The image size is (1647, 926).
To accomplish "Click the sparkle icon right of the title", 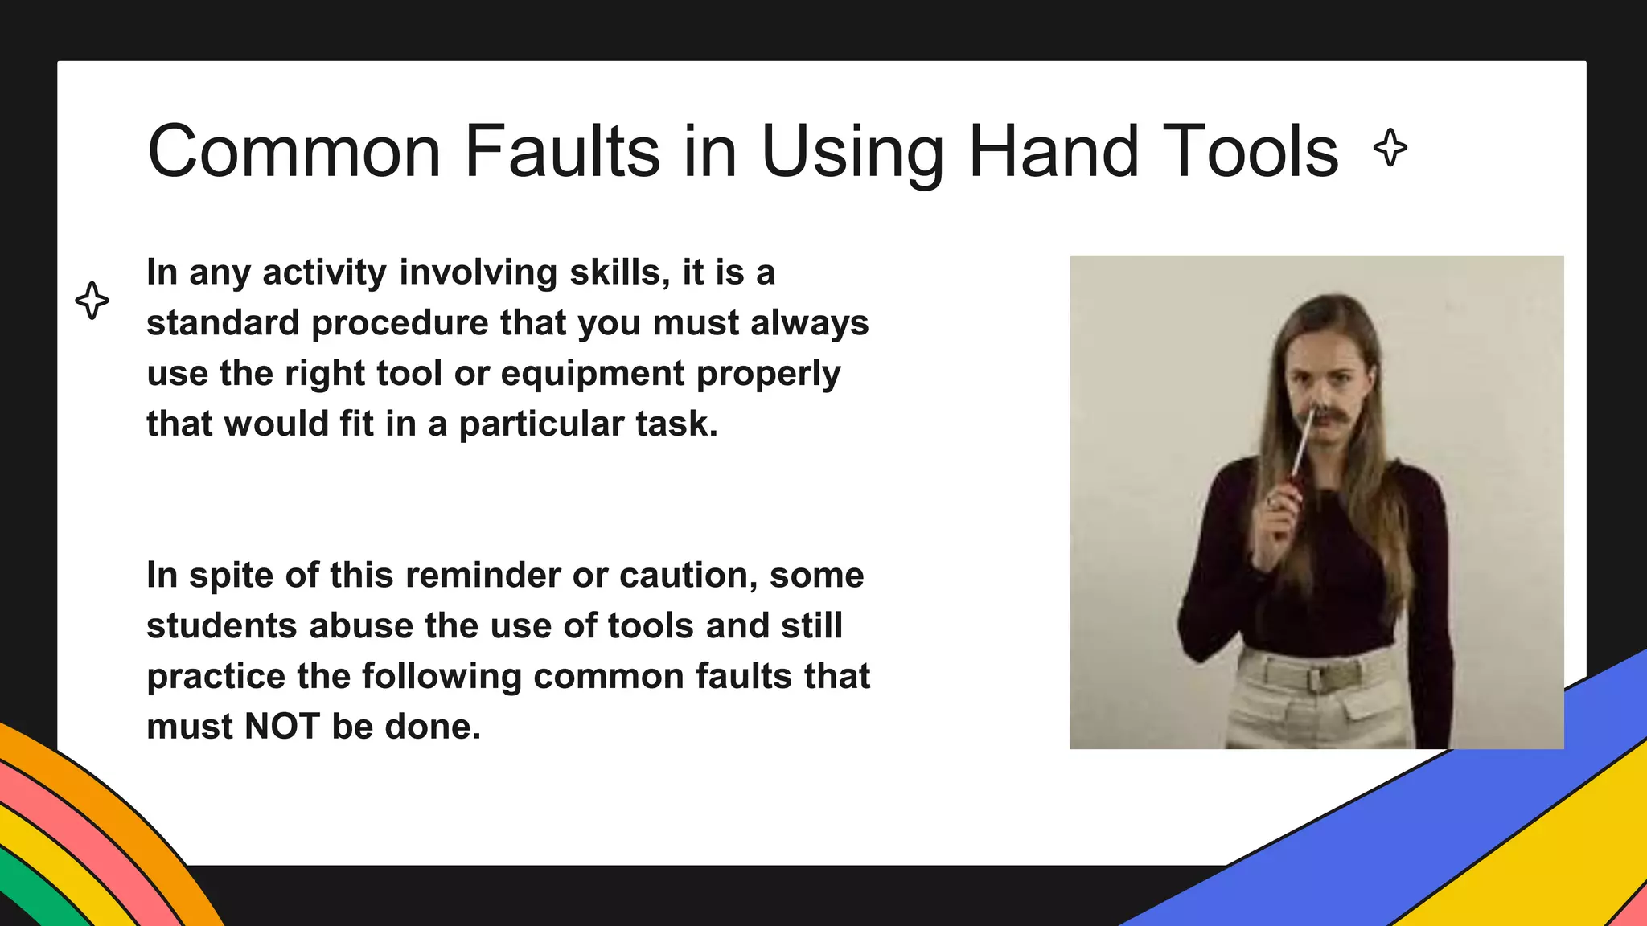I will [x=1390, y=148].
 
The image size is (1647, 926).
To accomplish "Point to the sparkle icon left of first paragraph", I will [x=92, y=301].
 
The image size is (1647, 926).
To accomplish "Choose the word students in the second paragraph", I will [x=221, y=626].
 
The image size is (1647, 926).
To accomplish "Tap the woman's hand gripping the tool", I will [x=1280, y=506].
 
